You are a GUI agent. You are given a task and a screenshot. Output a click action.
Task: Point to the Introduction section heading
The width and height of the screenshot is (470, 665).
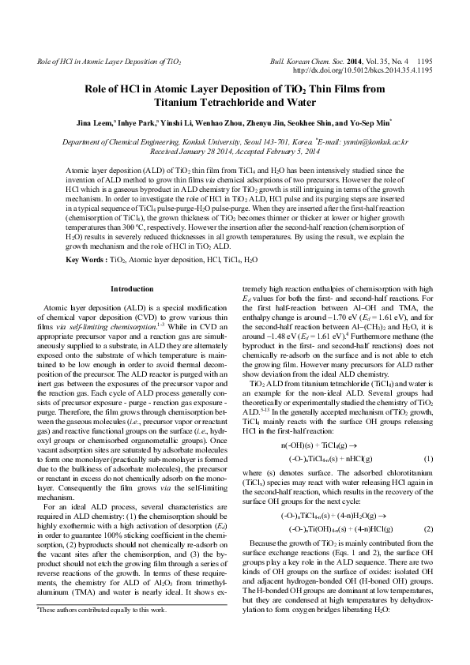[131, 223]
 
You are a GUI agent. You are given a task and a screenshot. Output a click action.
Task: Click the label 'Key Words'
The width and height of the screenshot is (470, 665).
[84, 194]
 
